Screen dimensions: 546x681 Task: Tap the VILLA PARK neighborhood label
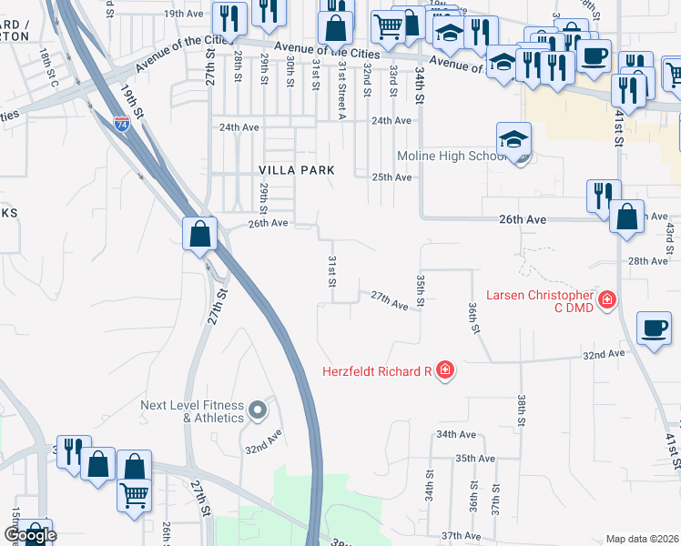(297, 170)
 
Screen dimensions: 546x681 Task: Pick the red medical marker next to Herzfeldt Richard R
(444, 370)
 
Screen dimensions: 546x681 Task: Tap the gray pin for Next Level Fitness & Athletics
(258, 409)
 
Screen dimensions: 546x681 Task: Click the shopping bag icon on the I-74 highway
(199, 235)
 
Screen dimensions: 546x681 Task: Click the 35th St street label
(420, 288)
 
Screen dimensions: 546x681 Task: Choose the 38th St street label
(522, 410)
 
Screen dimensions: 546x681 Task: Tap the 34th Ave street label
(457, 435)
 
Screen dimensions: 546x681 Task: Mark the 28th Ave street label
(648, 261)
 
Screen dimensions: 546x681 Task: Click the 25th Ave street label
(391, 177)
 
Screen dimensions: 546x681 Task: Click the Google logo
(29, 535)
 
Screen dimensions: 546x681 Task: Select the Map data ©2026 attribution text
(642, 539)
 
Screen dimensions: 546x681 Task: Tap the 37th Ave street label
(460, 536)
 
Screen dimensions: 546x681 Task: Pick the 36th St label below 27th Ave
(473, 318)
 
